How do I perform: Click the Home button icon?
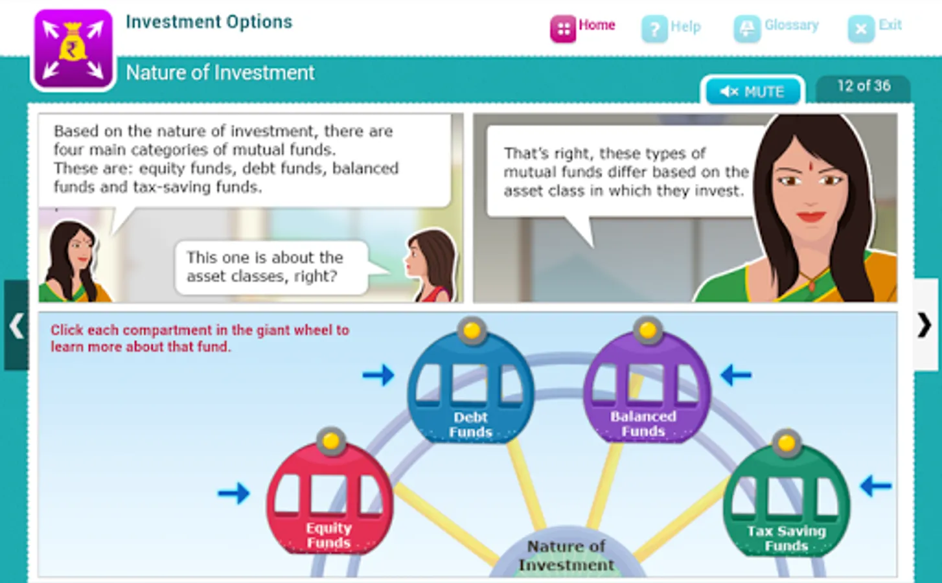563,29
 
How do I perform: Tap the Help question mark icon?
654,29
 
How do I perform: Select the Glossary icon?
747,29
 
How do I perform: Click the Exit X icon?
861,29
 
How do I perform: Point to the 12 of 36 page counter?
864,86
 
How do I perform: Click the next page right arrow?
925,325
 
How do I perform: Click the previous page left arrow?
17,326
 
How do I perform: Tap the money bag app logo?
73,49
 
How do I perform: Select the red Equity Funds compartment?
330,498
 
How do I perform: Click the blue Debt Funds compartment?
471,387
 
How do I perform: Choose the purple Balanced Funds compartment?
647,387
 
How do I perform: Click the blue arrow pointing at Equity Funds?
234,492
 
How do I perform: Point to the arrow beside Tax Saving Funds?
876,486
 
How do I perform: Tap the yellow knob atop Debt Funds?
472,331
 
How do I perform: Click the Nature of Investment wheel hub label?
566,556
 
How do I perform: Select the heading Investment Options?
209,22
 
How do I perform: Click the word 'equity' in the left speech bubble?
162,169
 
